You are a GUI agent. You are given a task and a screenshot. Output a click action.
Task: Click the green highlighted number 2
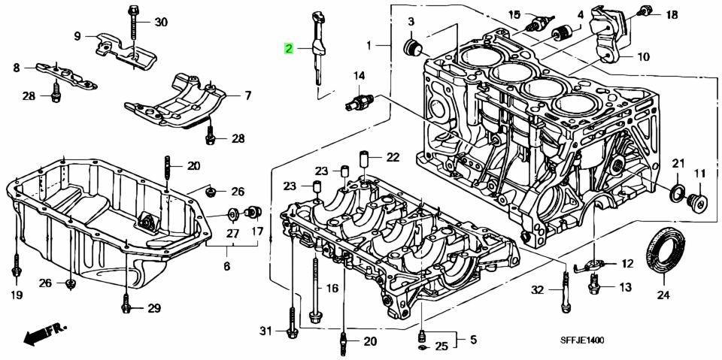coord(290,50)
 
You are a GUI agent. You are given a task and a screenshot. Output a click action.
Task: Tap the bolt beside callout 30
coord(133,23)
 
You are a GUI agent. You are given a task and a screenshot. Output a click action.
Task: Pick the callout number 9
coord(77,35)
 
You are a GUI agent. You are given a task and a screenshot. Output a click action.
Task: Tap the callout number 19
coord(16,295)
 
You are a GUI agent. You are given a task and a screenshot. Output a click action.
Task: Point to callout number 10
coord(644,56)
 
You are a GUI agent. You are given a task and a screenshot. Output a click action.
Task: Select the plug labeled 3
coord(411,48)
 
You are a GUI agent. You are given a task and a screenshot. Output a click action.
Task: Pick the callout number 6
coord(226,266)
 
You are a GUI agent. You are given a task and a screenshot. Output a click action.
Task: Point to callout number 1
coord(369,46)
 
